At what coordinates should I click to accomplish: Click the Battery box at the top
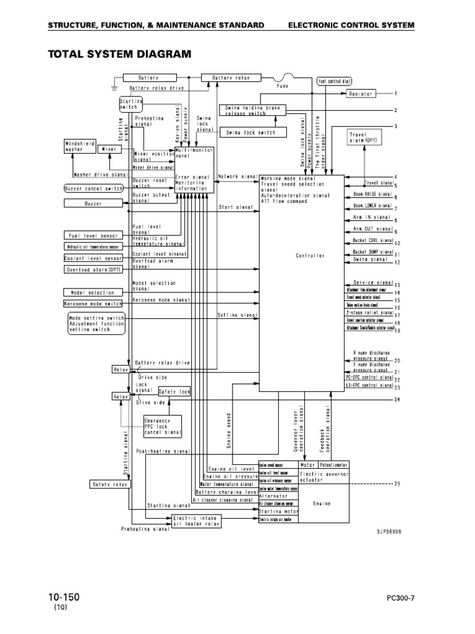pos(149,78)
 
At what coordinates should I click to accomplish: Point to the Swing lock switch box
pos(247,132)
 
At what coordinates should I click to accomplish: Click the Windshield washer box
pos(80,147)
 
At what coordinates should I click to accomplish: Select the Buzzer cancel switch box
pos(93,188)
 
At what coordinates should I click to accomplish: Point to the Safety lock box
pos(174,391)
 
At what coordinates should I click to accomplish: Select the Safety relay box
pos(109,484)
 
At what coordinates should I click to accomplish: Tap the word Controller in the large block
pos(309,255)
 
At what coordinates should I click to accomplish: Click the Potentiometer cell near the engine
pos(334,464)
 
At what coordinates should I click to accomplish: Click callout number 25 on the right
pos(397,484)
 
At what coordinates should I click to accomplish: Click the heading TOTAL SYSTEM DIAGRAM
pos(120,54)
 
